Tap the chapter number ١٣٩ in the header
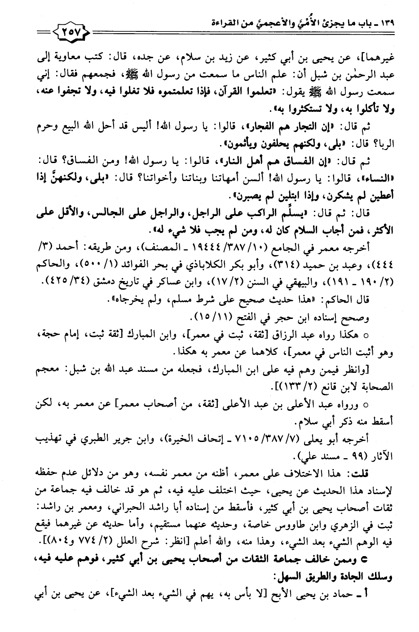[385, 21]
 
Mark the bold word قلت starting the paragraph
[377, 473]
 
